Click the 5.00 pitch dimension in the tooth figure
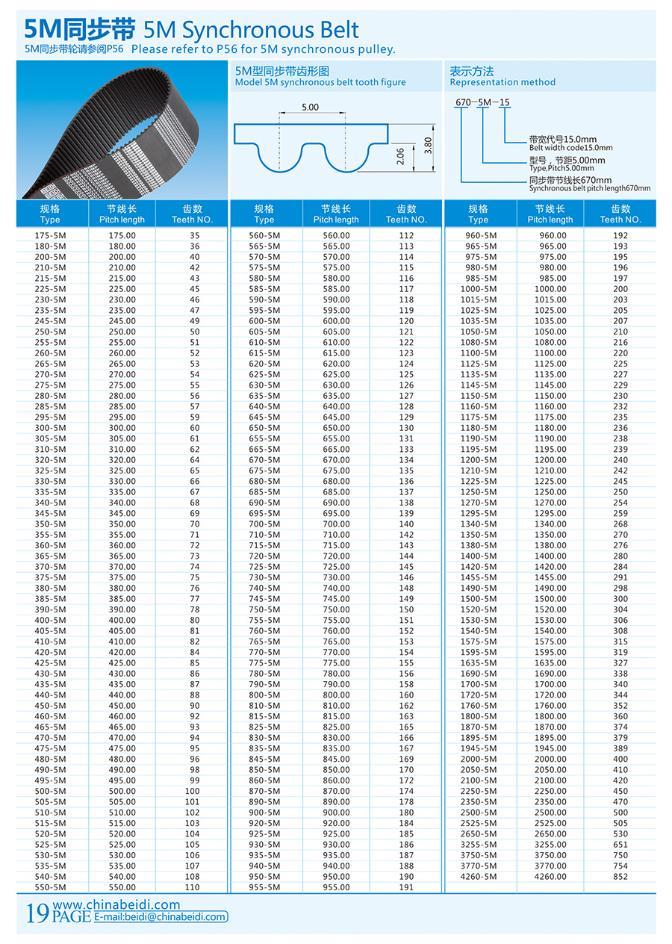point(310,108)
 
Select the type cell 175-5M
point(51,235)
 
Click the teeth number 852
point(620,877)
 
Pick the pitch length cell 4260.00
point(550,877)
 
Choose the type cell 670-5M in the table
point(265,460)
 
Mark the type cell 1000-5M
point(479,289)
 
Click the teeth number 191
point(406,887)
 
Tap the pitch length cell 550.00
point(122,887)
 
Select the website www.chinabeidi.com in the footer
point(116,904)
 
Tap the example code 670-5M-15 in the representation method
point(482,102)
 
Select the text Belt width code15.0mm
point(570,148)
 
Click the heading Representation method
point(503,82)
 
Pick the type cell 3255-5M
point(479,845)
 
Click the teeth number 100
point(193,791)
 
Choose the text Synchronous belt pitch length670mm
point(590,189)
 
